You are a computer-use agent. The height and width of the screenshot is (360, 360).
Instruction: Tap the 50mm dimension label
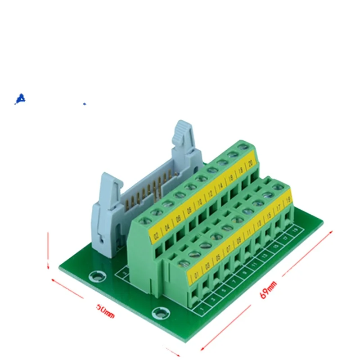pos(105,310)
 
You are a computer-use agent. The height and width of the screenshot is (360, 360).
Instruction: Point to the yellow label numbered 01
pos(196,274)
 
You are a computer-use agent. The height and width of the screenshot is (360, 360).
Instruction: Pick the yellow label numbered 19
pos(288,198)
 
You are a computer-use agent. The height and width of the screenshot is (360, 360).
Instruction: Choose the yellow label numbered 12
pos(210,194)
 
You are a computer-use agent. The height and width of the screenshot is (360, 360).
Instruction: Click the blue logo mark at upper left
pos(20,99)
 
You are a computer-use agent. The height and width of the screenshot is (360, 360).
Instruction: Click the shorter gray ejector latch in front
pos(106,207)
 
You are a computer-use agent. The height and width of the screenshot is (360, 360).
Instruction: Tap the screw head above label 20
pos(243,147)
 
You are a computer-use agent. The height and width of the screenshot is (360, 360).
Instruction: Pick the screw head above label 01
pos(184,262)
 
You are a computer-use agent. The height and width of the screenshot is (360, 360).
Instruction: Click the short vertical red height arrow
pos(48,250)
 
